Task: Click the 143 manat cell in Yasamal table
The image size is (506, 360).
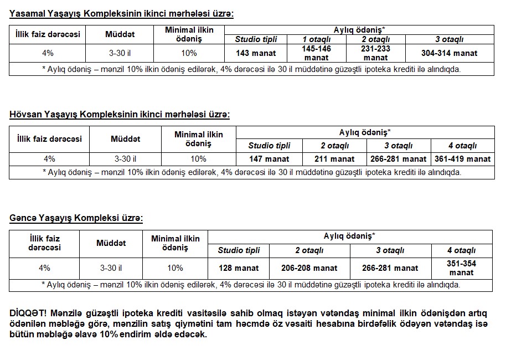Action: (256, 53)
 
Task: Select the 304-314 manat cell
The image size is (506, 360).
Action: (450, 53)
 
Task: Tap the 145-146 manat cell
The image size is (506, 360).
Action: (316, 53)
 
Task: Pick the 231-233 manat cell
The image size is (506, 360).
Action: (375, 53)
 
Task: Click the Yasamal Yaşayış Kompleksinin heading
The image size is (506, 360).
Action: (121, 14)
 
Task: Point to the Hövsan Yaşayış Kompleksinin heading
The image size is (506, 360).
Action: (119, 114)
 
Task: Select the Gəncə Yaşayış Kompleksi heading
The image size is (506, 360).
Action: (76, 218)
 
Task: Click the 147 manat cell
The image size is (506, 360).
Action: (269, 159)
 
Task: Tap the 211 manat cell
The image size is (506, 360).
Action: (334, 159)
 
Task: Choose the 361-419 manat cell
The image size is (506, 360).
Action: (462, 159)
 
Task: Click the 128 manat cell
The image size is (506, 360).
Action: (239, 268)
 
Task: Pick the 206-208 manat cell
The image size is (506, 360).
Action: (309, 268)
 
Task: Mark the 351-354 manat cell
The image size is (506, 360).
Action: (461, 268)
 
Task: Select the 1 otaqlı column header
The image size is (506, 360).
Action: (316, 39)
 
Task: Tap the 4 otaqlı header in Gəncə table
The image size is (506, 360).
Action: (461, 250)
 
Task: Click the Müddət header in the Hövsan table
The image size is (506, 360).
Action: (125, 139)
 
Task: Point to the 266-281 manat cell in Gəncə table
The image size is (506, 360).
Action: (390, 268)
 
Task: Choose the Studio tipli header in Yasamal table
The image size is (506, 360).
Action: (256, 39)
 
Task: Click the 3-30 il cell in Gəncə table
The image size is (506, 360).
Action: (111, 268)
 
